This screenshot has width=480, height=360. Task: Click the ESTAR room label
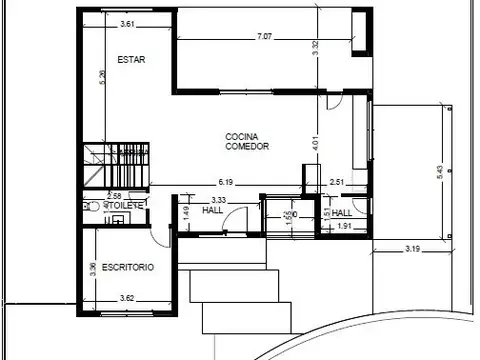coord(131,59)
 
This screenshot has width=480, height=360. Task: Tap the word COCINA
coord(243,137)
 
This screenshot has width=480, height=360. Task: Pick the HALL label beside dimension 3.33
coord(213,212)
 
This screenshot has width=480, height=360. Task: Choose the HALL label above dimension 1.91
coord(342,212)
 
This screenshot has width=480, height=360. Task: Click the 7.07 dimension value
coord(264,37)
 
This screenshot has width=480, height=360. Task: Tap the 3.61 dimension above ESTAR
coord(127,23)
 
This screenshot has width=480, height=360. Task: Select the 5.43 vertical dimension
coord(439,172)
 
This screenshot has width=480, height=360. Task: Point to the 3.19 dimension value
coord(413,246)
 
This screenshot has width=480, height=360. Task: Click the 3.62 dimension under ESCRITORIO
coord(127,297)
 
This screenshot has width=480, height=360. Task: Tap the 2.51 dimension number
coord(337,182)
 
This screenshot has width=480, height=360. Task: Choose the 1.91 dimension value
coord(343,227)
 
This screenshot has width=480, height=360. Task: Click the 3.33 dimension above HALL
coord(220,200)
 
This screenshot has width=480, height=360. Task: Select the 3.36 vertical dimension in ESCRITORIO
coord(92,268)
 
